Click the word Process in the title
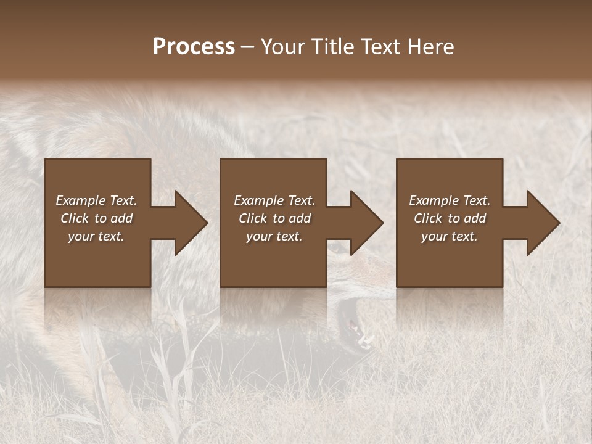point(194,47)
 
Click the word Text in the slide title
point(380,47)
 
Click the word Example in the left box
point(81,200)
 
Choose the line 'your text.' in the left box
point(96,236)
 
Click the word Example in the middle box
point(258,200)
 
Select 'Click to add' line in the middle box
point(274,218)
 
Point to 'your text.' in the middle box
point(274,236)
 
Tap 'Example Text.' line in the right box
point(450,200)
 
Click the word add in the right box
point(474,218)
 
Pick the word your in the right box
point(434,236)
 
